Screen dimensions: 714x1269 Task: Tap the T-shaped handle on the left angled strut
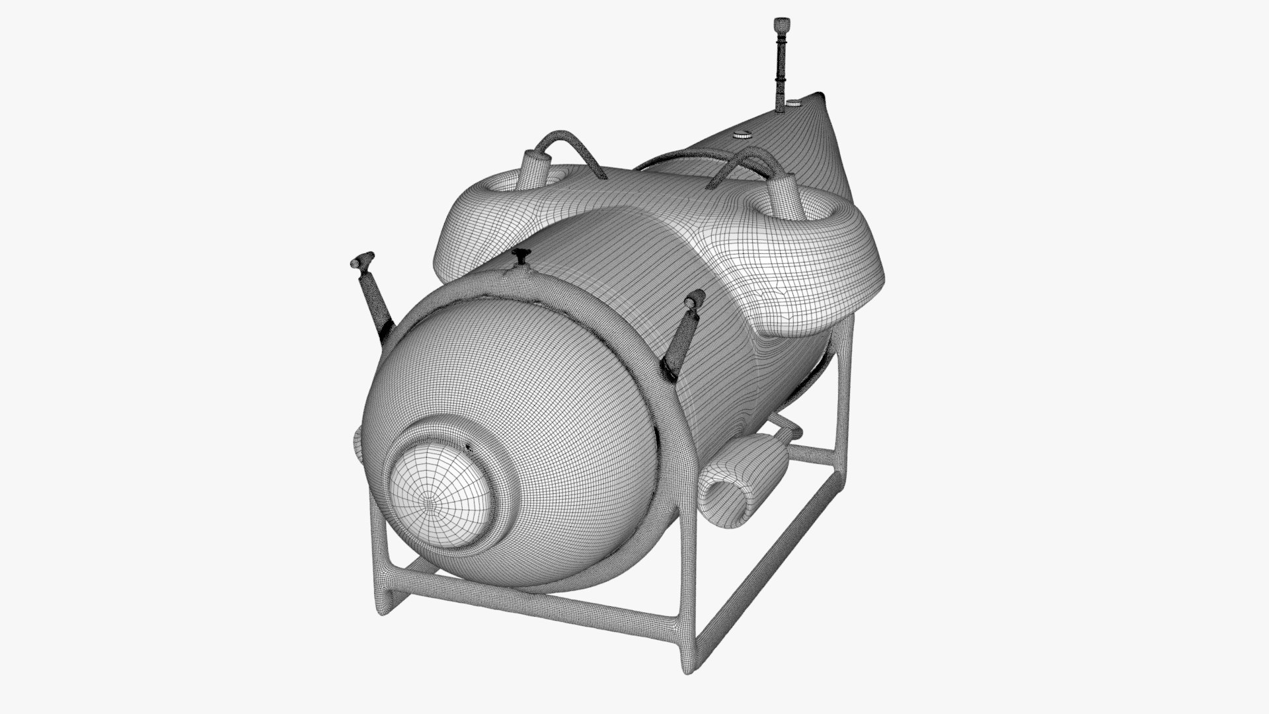pos(362,260)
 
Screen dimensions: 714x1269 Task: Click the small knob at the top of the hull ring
pos(522,255)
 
